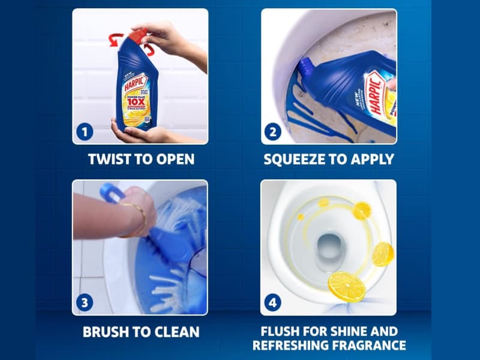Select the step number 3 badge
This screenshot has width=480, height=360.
pyautogui.click(x=85, y=302)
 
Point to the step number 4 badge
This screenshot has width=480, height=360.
pyautogui.click(x=273, y=302)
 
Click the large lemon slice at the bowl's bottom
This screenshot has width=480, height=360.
pyautogui.click(x=346, y=286)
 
